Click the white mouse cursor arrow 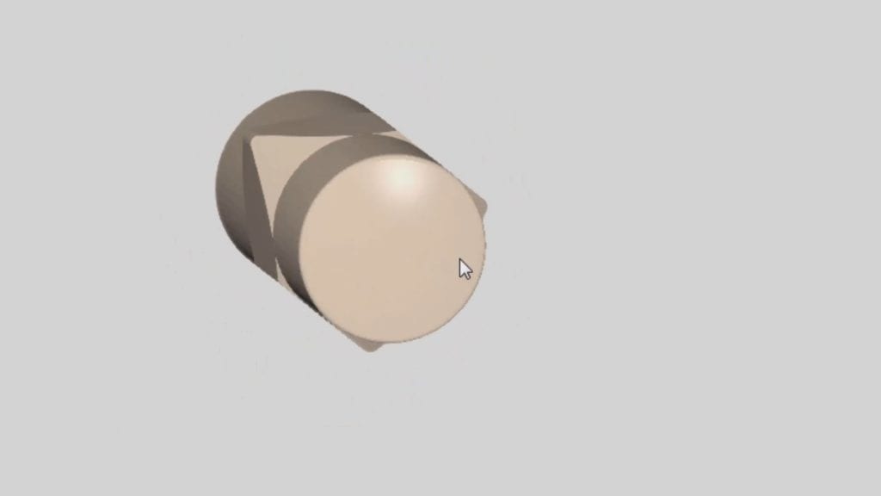point(465,269)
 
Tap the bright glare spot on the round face point(404,176)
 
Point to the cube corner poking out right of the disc point(484,207)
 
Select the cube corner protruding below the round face point(367,344)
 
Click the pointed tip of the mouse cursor point(459,258)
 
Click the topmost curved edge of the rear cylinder point(310,90)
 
